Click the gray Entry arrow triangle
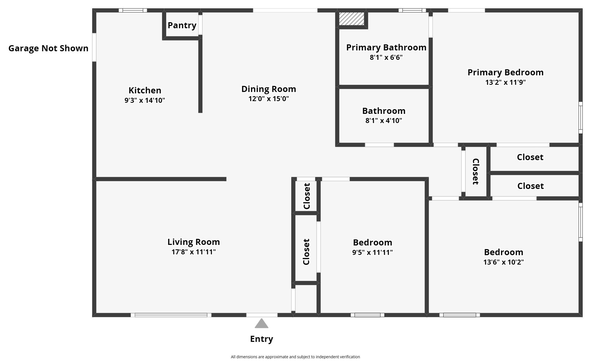pyautogui.click(x=261, y=324)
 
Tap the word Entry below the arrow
pyautogui.click(x=261, y=339)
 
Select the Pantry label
pyautogui.click(x=182, y=25)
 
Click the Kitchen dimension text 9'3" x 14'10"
pyautogui.click(x=145, y=100)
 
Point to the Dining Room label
pyautogui.click(x=269, y=89)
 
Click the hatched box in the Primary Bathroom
pyautogui.click(x=352, y=19)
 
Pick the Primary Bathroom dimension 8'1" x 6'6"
pyautogui.click(x=386, y=57)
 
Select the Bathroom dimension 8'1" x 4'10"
pyautogui.click(x=384, y=121)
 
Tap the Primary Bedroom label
pyautogui.click(x=505, y=72)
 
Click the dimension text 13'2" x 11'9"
pyautogui.click(x=505, y=82)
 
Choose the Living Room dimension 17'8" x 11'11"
pyautogui.click(x=194, y=252)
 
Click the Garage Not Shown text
pyautogui.click(x=48, y=48)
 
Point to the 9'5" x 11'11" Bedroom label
pyautogui.click(x=372, y=242)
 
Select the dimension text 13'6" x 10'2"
pyautogui.click(x=503, y=262)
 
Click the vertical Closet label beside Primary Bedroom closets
pyautogui.click(x=475, y=171)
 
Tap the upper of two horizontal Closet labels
pyautogui.click(x=530, y=157)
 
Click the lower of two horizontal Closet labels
pyautogui.click(x=530, y=186)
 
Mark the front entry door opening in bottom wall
pyautogui.click(x=262, y=315)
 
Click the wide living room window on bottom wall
pyautogui.click(x=171, y=315)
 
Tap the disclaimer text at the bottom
pyautogui.click(x=295, y=357)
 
